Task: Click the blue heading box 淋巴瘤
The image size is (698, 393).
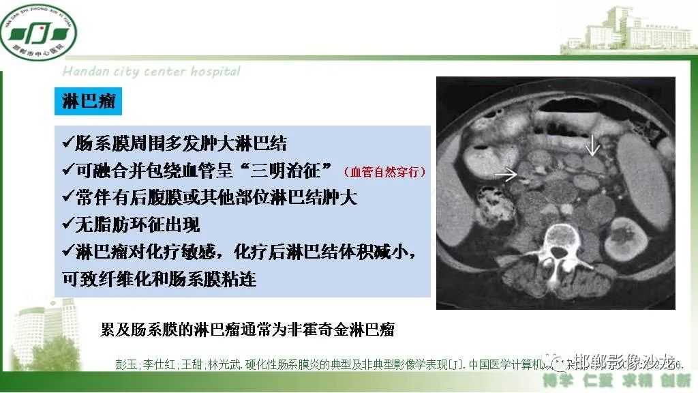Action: (x=89, y=102)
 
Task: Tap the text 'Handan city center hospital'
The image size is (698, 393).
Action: (x=151, y=72)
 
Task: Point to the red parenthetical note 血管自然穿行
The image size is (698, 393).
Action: (x=385, y=171)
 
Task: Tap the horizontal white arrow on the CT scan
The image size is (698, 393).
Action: (x=505, y=175)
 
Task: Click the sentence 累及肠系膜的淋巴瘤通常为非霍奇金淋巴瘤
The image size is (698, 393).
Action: (x=247, y=330)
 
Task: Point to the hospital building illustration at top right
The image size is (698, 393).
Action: (x=627, y=31)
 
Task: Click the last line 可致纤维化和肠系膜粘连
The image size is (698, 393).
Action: (x=159, y=279)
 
